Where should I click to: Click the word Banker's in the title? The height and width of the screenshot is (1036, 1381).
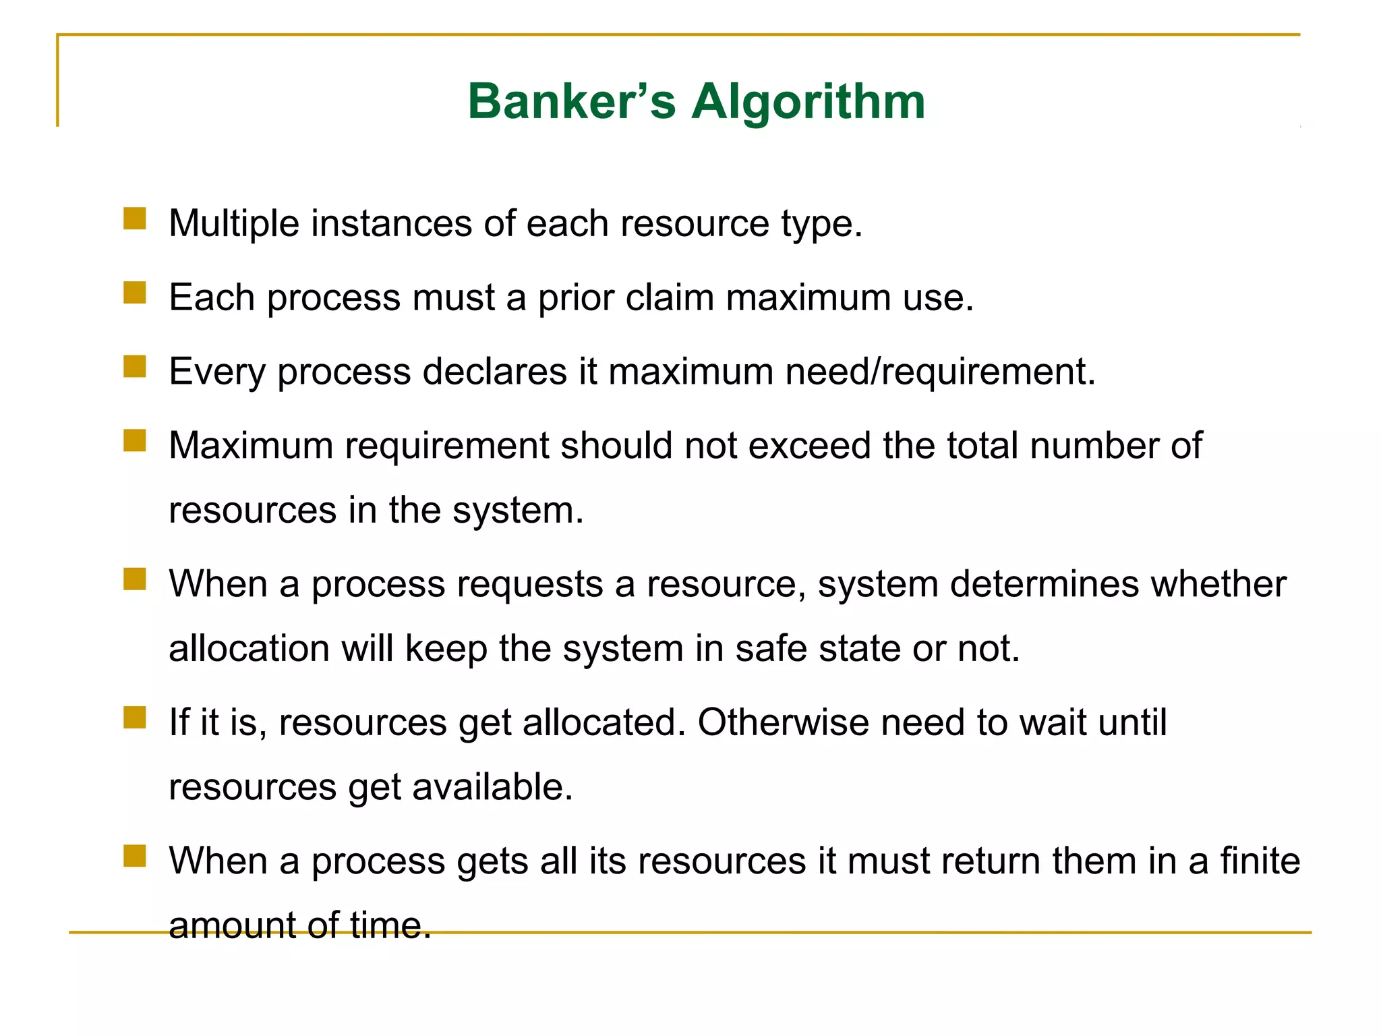(571, 102)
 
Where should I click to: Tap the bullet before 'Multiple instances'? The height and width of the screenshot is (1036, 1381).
(135, 219)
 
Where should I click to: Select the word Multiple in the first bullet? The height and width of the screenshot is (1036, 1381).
(233, 223)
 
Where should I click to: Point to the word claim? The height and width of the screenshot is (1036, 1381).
(670, 297)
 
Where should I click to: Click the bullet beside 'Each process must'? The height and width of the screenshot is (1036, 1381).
(135, 293)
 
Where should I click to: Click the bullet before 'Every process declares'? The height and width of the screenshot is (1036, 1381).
(135, 367)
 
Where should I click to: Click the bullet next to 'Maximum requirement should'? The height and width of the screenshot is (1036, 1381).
(135, 441)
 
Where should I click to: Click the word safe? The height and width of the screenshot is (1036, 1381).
(771, 649)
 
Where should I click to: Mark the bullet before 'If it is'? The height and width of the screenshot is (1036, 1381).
(135, 718)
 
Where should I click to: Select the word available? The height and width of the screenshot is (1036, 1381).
(492, 787)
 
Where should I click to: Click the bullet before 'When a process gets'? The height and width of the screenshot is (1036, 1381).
(135, 857)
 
